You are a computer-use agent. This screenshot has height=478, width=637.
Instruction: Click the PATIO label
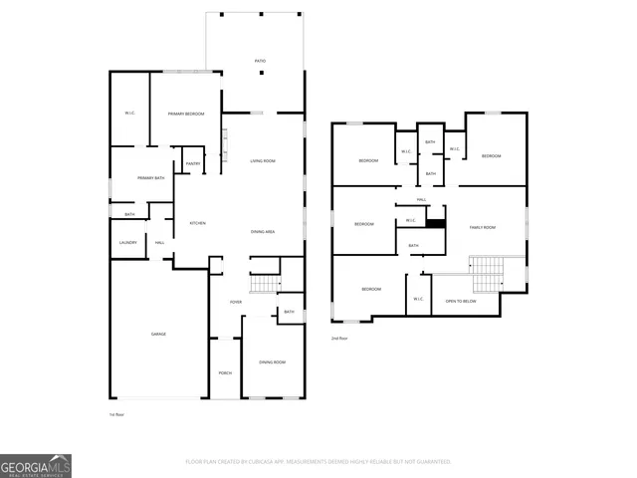(260, 62)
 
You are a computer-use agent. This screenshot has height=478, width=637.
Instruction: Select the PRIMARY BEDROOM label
(186, 115)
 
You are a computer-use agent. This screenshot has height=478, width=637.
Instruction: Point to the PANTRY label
(192, 162)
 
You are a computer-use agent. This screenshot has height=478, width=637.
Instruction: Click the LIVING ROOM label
(263, 161)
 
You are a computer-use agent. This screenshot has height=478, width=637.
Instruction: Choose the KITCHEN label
(197, 223)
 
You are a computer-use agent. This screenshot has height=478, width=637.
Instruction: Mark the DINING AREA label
(263, 232)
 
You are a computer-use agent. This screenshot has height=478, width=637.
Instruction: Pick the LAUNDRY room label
(127, 242)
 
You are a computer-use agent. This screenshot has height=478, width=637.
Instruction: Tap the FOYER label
(236, 302)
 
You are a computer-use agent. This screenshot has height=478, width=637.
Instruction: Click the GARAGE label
(158, 334)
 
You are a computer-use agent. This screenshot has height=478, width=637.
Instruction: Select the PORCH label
(225, 373)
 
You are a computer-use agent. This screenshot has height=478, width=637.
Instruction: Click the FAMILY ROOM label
(483, 228)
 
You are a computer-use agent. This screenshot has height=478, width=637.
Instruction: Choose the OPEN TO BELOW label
(461, 300)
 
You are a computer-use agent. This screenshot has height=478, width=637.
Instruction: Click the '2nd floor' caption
(340, 339)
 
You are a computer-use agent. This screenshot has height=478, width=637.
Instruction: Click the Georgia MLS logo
(36, 466)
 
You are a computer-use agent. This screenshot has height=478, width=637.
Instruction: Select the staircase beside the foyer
(265, 283)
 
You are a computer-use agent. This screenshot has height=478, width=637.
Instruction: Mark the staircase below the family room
(488, 270)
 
